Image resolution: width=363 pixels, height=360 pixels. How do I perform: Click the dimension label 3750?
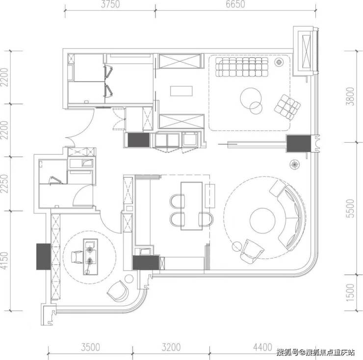tap(110, 4)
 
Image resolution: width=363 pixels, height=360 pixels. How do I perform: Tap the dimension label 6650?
tap(235, 4)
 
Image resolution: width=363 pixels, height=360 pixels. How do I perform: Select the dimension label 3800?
tap(352, 96)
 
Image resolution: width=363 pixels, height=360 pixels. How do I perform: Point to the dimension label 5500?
tap(352, 208)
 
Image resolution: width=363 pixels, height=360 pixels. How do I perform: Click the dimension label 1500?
tap(352, 292)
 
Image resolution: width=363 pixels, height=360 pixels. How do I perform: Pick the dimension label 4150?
tap(4, 261)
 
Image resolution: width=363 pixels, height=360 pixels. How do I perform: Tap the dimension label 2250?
tap(4, 183)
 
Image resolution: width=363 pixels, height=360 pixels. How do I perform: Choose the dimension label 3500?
tap(91, 347)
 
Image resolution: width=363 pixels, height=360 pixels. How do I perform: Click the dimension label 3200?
tap(171, 347)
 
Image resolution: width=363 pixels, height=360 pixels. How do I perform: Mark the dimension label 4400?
tap(262, 347)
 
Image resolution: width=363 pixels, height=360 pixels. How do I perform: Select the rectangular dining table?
tap(191, 206)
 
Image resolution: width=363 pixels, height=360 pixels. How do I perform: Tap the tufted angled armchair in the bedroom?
tap(287, 107)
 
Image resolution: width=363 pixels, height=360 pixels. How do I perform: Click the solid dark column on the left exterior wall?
tap(44, 257)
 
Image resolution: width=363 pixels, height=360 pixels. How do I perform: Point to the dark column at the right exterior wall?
tap(299, 144)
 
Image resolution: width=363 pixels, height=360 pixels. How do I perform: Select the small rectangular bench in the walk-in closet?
tap(181, 91)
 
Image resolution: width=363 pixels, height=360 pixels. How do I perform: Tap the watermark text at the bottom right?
tap(316, 353)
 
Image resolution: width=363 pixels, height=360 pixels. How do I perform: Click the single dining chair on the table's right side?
tap(206, 219)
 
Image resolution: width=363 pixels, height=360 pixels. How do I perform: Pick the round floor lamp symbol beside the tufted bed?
tap(279, 62)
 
